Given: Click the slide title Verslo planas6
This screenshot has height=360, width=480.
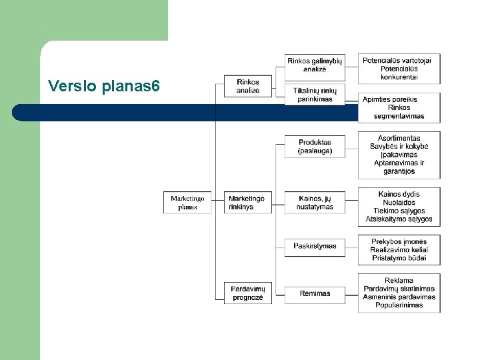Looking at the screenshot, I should pyautogui.click(x=103, y=86).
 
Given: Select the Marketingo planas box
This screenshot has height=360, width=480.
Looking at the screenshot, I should pyautogui.click(x=187, y=203).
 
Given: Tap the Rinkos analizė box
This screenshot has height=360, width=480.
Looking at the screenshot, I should pyautogui.click(x=247, y=87).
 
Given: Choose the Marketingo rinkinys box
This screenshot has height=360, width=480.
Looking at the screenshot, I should pyautogui.click(x=247, y=203).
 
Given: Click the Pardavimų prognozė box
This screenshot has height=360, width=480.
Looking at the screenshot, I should pyautogui.click(x=247, y=293).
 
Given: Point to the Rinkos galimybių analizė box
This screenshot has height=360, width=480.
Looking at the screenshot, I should pyautogui.click(x=315, y=65).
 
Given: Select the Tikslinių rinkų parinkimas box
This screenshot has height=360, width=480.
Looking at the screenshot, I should pyautogui.click(x=315, y=95).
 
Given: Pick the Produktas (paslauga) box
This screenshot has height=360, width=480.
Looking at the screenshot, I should pyautogui.click(x=315, y=147).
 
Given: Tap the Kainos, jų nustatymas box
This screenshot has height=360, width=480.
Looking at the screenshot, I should pyautogui.click(x=315, y=203).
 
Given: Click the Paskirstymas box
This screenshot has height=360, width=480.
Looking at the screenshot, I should pyautogui.click(x=315, y=246).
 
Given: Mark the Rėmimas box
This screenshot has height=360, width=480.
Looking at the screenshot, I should pyautogui.click(x=315, y=293).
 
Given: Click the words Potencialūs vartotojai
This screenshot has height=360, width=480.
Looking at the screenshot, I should pyautogui.click(x=398, y=61).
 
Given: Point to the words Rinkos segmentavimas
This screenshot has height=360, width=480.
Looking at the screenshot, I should pyautogui.click(x=399, y=112).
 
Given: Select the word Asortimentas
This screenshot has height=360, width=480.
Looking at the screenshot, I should pyautogui.click(x=399, y=138).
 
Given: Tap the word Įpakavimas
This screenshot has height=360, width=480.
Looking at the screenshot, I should pyautogui.click(x=399, y=155).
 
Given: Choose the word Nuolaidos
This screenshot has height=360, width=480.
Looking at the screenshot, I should pyautogui.click(x=399, y=202).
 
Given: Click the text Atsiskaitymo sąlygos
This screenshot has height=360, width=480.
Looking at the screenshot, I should pyautogui.click(x=399, y=219).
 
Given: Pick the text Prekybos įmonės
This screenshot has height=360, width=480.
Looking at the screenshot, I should pyautogui.click(x=399, y=241).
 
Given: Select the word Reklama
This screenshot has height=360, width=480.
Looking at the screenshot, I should pyautogui.click(x=399, y=281).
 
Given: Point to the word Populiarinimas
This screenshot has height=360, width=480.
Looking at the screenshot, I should pyautogui.click(x=399, y=305).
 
